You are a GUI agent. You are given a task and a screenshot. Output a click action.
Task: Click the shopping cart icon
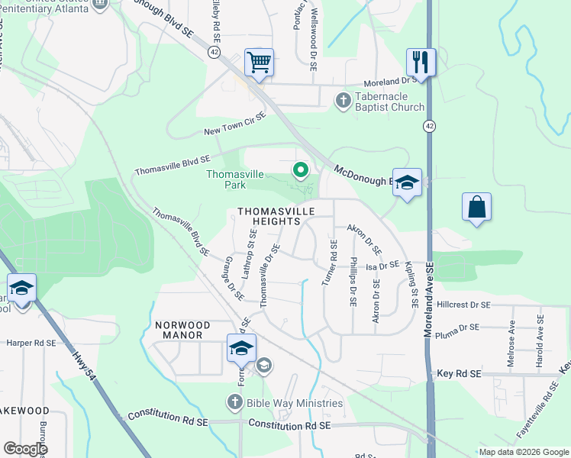click(259, 63)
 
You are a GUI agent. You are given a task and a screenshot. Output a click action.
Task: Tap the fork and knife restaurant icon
click(421, 61)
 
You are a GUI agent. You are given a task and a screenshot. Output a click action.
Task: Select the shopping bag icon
click(476, 207)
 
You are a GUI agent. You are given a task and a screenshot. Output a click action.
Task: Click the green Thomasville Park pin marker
click(302, 169)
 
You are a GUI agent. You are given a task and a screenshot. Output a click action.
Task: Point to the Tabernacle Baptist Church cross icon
click(344, 100)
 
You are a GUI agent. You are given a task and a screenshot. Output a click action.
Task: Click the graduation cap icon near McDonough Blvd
click(407, 182)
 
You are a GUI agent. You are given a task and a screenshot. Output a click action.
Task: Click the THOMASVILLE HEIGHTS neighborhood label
click(267, 215)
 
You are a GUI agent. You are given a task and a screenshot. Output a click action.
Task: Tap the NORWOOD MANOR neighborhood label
click(179, 330)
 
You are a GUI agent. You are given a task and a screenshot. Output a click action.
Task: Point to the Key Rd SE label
click(459, 373)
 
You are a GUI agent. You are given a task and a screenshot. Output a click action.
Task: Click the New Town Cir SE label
click(234, 124)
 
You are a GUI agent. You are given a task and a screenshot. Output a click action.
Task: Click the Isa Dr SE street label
click(382, 266)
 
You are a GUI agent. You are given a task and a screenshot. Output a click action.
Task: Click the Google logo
click(26, 448)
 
